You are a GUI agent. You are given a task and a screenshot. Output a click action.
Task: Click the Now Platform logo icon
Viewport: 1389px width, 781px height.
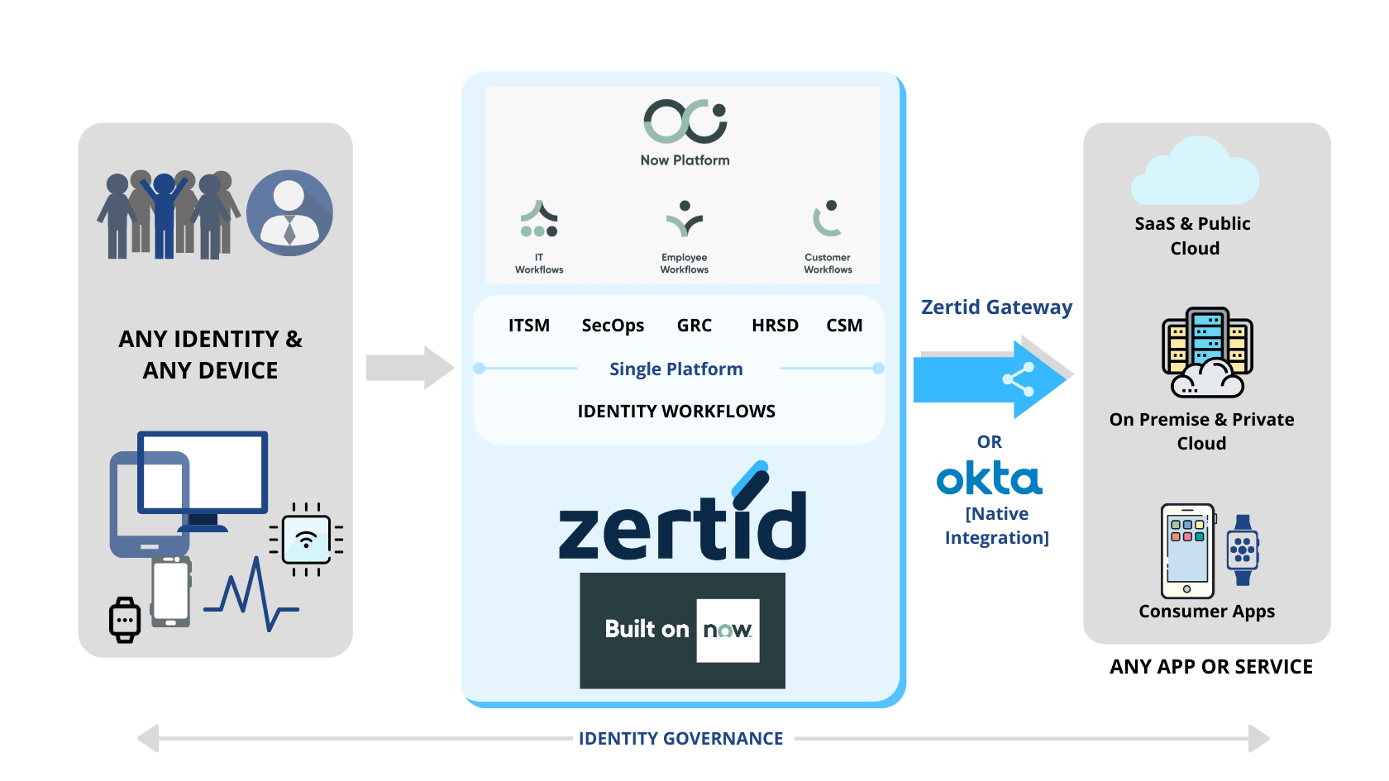point(685,121)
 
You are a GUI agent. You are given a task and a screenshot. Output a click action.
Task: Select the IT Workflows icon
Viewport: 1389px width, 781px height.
point(538,220)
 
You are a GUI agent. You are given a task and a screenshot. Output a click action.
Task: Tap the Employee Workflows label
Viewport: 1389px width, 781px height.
point(684,264)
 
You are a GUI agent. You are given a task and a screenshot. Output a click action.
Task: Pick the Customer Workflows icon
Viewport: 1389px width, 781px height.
point(827,219)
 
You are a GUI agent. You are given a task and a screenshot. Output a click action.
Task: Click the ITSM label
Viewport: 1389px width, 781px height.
point(528,326)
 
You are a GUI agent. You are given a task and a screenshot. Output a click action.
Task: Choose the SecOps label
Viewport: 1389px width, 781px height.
point(613,326)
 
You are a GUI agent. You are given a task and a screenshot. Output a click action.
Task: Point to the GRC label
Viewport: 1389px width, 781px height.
point(694,326)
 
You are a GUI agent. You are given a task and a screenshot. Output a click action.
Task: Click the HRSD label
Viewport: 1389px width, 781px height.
point(775,326)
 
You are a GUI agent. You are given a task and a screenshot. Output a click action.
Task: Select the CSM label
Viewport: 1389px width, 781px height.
point(844,326)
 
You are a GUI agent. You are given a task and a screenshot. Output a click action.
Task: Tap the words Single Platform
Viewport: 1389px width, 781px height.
point(675,369)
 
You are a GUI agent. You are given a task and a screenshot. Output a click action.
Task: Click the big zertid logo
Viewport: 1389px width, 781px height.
point(682,517)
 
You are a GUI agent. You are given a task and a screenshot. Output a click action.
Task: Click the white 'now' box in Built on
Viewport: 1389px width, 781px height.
point(728,630)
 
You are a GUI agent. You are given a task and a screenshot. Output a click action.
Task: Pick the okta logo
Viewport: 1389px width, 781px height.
point(989,478)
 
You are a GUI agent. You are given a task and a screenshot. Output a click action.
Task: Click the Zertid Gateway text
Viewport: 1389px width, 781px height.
point(996,307)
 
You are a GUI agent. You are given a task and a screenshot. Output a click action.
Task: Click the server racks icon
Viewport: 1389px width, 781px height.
point(1206,351)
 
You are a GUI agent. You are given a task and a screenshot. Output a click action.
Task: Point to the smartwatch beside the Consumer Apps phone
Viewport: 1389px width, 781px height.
point(1242,550)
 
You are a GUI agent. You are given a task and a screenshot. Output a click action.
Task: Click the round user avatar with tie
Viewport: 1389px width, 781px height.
point(289,213)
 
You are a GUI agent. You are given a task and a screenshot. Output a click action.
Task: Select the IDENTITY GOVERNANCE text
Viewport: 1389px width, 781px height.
point(680,738)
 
